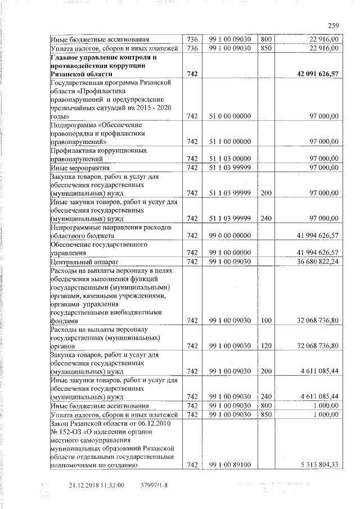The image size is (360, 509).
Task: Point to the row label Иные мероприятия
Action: [x=75, y=168]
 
